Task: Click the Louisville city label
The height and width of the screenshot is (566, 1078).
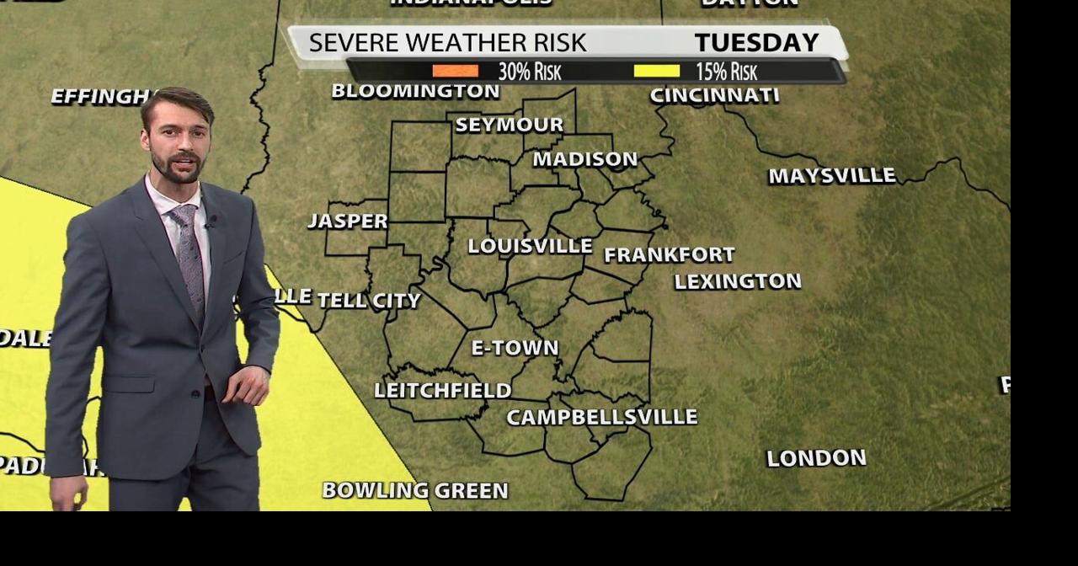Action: pyautogui.click(x=530, y=246)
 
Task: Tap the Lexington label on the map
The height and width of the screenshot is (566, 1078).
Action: pyautogui.click(x=737, y=281)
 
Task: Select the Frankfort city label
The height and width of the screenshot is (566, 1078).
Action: pyautogui.click(x=669, y=254)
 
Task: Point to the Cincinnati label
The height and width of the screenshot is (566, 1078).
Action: pyautogui.click(x=714, y=95)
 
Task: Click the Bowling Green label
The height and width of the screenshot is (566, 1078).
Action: pyautogui.click(x=415, y=490)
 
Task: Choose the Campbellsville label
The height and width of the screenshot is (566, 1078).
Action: pyautogui.click(x=601, y=417)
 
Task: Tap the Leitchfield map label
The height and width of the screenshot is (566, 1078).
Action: pyautogui.click(x=442, y=390)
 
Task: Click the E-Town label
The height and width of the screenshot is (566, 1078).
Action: pyautogui.click(x=515, y=347)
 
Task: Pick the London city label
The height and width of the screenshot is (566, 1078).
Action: pyautogui.click(x=816, y=458)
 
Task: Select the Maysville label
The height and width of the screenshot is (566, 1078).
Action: pyautogui.click(x=831, y=176)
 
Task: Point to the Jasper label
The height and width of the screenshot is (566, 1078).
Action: pyautogui.click(x=348, y=221)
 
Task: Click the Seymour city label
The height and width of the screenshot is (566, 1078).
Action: pyautogui.click(x=509, y=125)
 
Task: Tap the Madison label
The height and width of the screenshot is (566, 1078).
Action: pyautogui.click(x=584, y=159)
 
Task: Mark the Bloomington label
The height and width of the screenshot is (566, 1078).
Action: pyautogui.click(x=415, y=91)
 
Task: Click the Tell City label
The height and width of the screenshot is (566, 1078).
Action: pyautogui.click(x=369, y=300)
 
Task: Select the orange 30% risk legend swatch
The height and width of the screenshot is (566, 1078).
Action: pyautogui.click(x=455, y=72)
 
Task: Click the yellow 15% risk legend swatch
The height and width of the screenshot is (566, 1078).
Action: pyautogui.click(x=656, y=72)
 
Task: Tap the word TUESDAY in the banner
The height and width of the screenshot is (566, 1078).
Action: pyautogui.click(x=756, y=42)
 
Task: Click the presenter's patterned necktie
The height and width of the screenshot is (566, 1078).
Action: pyautogui.click(x=189, y=256)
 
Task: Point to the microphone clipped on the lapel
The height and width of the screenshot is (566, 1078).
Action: pyautogui.click(x=211, y=222)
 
